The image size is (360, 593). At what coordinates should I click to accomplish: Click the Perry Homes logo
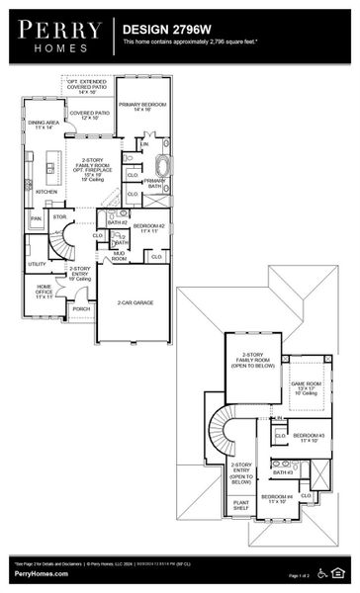(x=56, y=36)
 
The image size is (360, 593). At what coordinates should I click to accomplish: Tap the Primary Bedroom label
(x=141, y=106)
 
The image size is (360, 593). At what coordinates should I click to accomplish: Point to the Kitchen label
(x=46, y=192)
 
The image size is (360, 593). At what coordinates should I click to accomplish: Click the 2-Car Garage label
(x=134, y=302)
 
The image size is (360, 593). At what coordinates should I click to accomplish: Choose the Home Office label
(x=45, y=293)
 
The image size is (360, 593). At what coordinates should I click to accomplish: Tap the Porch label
(x=81, y=308)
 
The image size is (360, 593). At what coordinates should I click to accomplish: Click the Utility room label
(x=38, y=264)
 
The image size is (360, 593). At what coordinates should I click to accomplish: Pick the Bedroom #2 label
(x=150, y=228)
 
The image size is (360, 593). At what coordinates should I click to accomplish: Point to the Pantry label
(x=36, y=217)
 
